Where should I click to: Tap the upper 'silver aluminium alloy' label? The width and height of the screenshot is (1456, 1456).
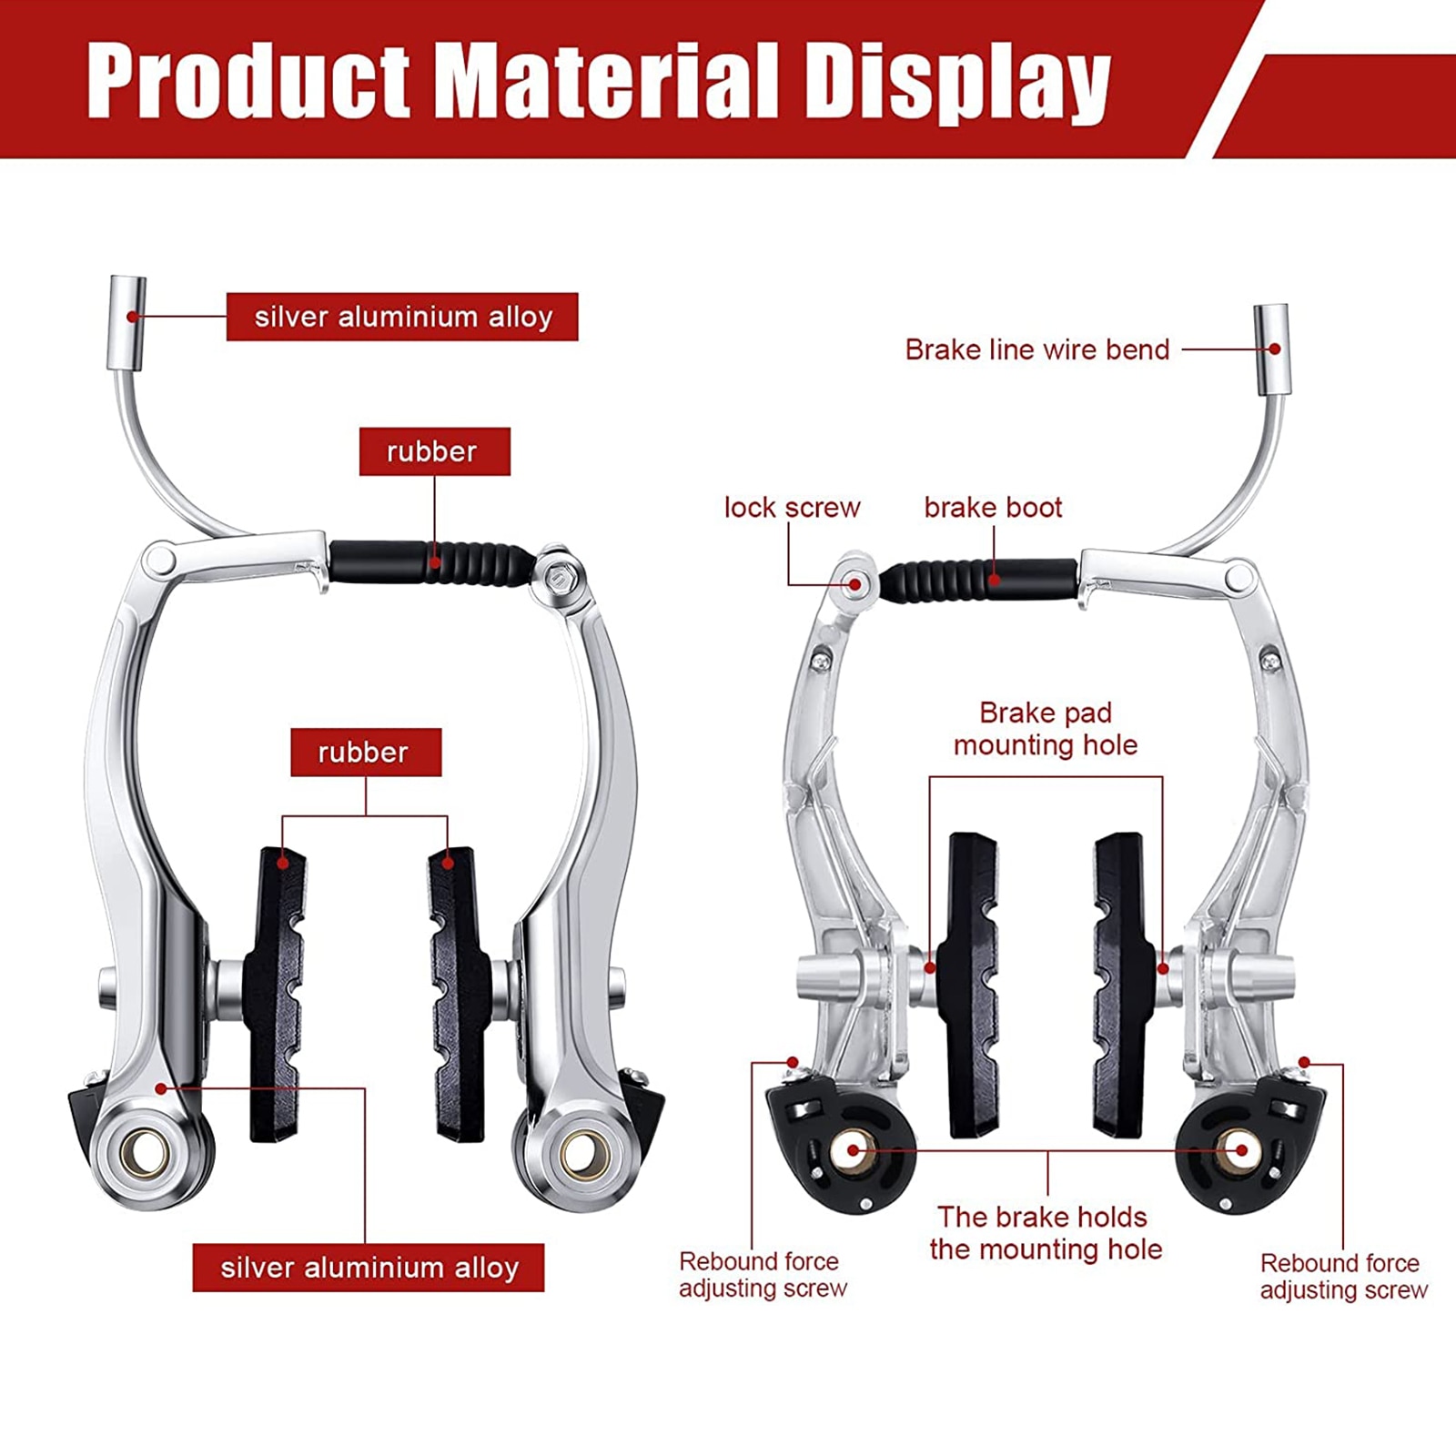click(x=402, y=317)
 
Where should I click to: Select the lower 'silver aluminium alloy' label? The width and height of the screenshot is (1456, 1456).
click(x=369, y=1268)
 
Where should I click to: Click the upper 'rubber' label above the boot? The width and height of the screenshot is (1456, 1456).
click(x=434, y=451)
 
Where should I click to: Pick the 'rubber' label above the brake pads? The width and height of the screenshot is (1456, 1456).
click(x=366, y=752)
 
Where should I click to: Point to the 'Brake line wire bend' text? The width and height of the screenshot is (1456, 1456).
click(x=1037, y=349)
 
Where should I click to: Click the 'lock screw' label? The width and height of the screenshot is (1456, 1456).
click(x=792, y=507)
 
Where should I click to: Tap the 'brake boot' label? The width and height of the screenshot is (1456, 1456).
click(x=993, y=507)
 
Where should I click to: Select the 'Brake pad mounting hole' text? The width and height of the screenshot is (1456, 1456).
click(x=1046, y=728)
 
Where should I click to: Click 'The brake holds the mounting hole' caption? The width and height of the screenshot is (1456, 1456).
click(x=1046, y=1233)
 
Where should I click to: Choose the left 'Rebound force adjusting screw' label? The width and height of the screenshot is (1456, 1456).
click(x=763, y=1274)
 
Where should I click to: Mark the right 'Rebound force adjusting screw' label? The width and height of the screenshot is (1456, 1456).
click(x=1343, y=1276)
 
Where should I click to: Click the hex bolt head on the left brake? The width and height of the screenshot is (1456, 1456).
click(x=558, y=577)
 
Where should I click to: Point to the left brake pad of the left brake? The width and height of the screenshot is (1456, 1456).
click(x=277, y=994)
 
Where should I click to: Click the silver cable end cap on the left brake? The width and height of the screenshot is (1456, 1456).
click(x=127, y=323)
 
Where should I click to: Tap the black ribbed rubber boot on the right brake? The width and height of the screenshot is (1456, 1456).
click(x=978, y=581)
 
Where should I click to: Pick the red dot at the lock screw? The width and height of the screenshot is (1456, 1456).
click(x=854, y=584)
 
